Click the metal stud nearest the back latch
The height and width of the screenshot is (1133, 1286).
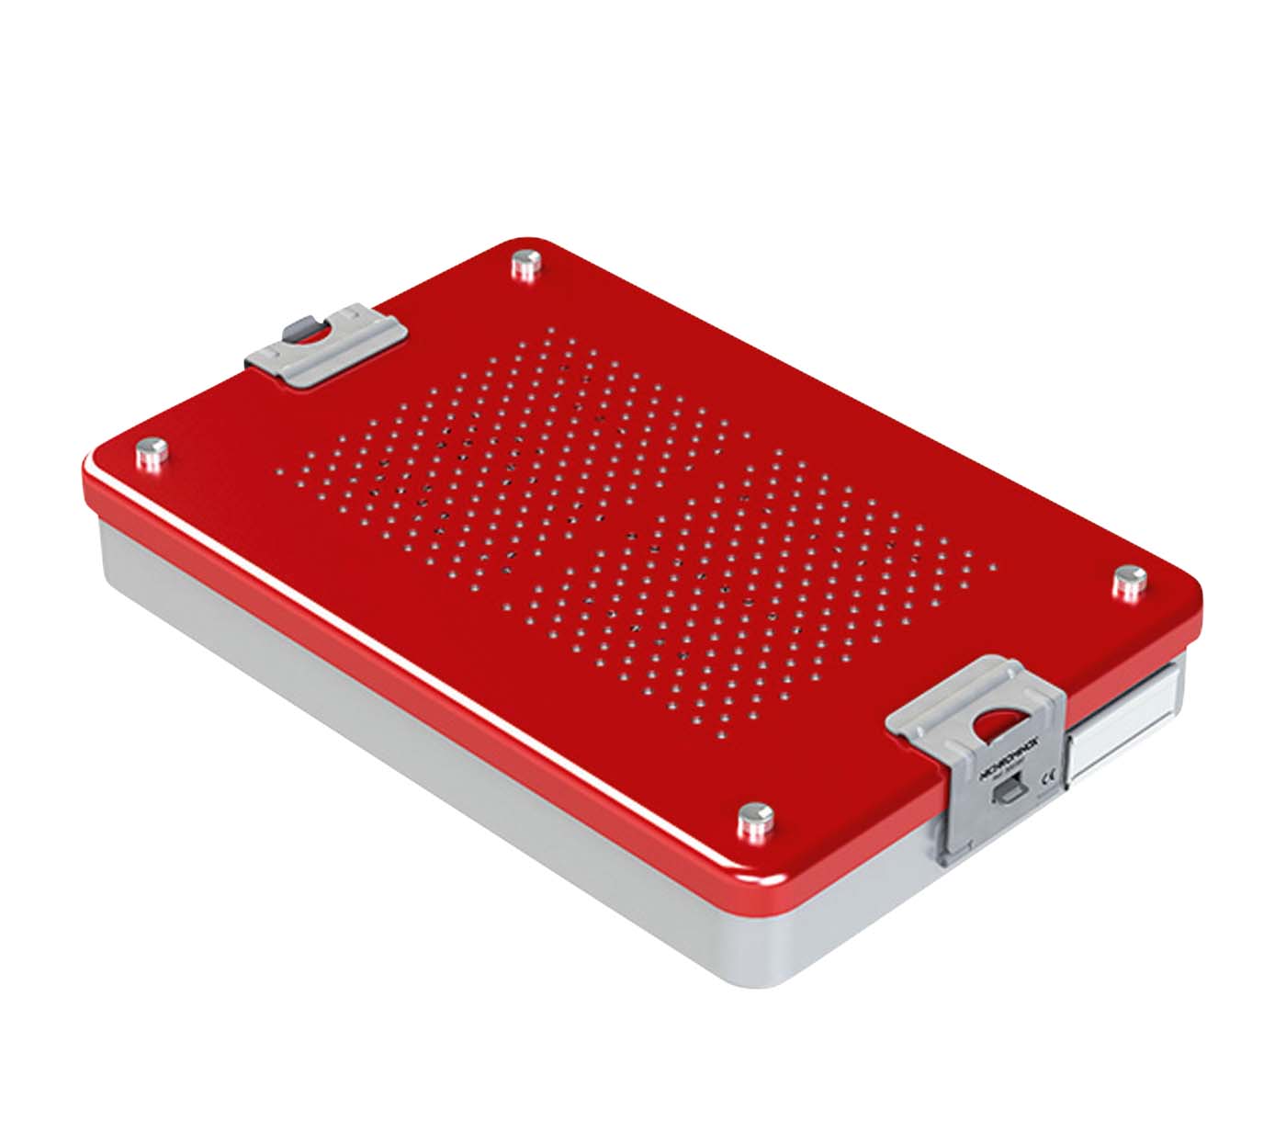tap(525, 265)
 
